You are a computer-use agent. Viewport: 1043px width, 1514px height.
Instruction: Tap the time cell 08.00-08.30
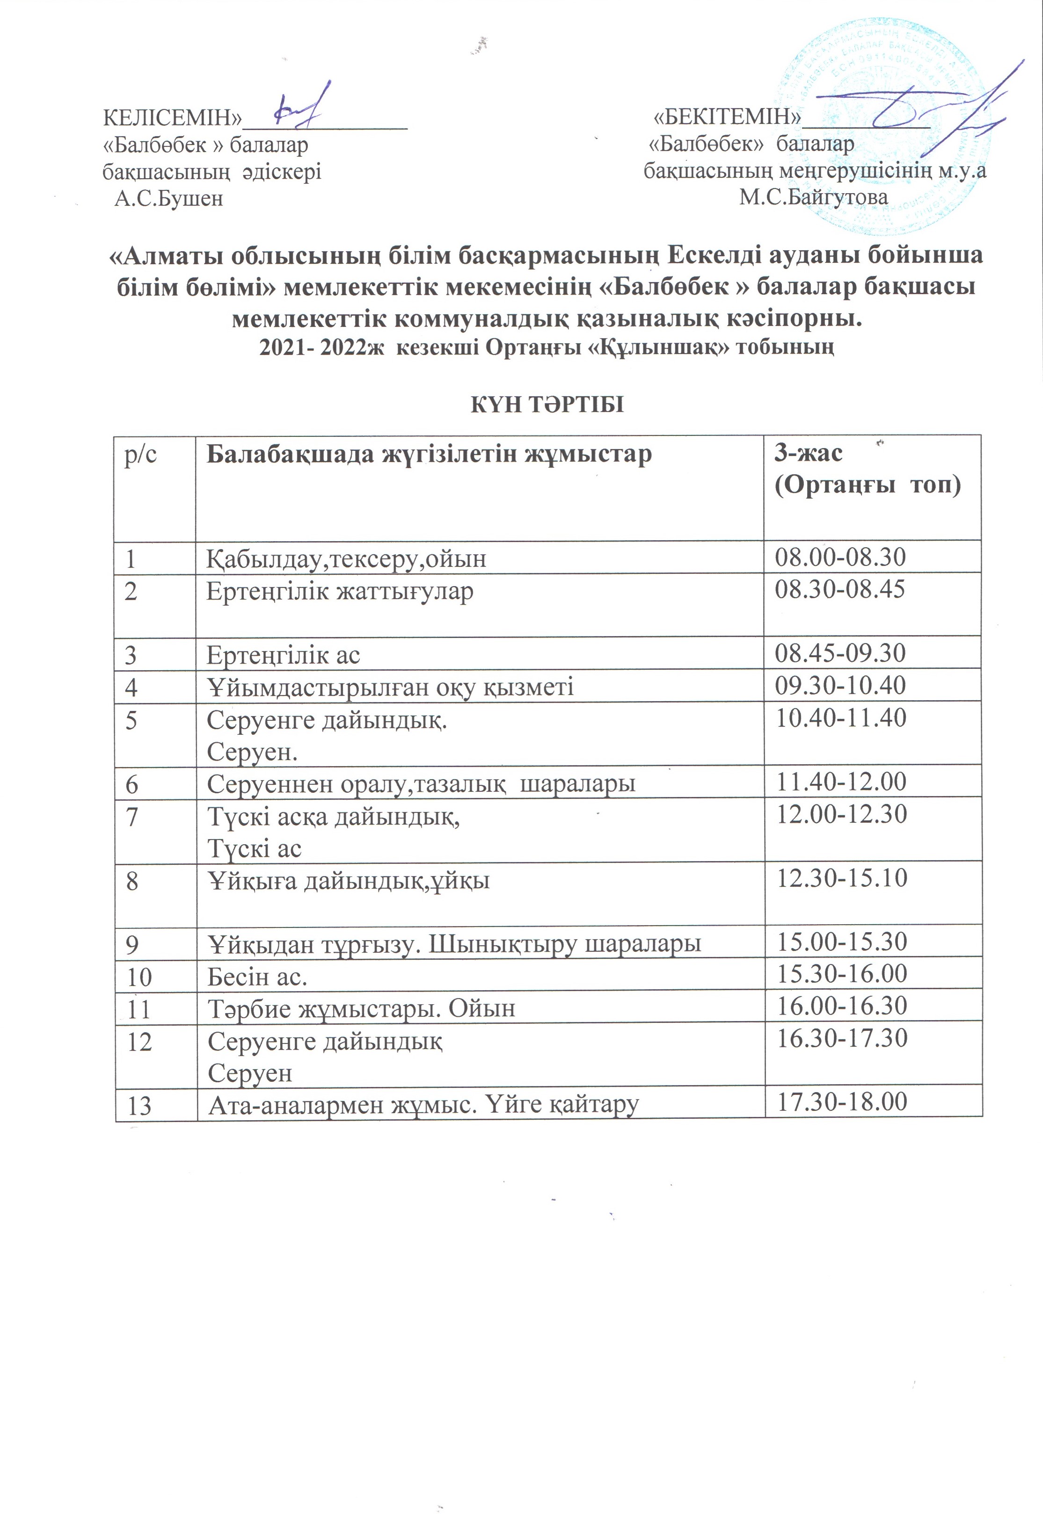pos(840,557)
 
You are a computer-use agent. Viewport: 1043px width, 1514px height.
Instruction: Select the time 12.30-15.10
pos(842,878)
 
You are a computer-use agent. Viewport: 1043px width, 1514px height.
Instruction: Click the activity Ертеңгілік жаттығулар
pos(340,592)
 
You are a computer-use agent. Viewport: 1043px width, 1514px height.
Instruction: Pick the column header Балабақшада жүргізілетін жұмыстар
pos(429,454)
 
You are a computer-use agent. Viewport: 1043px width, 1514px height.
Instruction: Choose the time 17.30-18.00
pos(842,1102)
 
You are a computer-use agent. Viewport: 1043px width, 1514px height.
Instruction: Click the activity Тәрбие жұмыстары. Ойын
pos(361,1008)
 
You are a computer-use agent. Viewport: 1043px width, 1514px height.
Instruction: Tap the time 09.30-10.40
pos(840,685)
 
